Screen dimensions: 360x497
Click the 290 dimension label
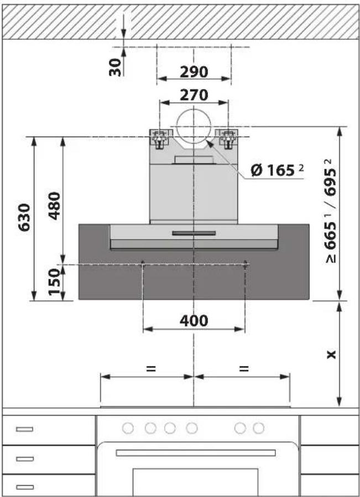(194, 72)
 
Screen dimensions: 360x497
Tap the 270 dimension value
(194, 95)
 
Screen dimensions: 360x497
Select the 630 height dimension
(24, 218)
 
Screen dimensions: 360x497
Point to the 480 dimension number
(54, 206)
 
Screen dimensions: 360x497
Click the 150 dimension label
(54, 282)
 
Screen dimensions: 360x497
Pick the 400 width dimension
(194, 320)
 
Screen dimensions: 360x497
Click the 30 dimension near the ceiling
(115, 67)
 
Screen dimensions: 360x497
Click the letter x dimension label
(331, 354)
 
